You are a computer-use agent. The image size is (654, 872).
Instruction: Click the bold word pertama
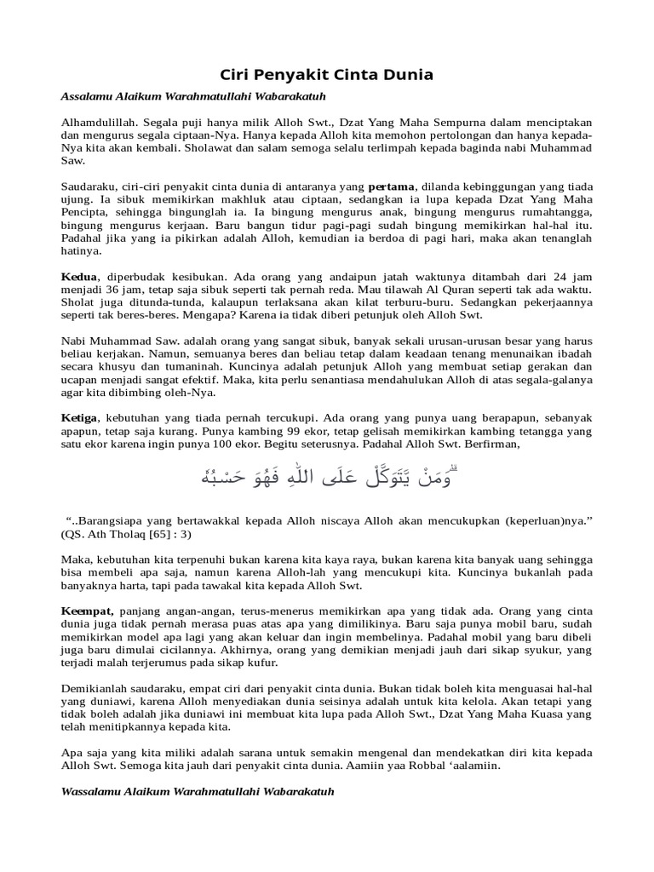(391, 186)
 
